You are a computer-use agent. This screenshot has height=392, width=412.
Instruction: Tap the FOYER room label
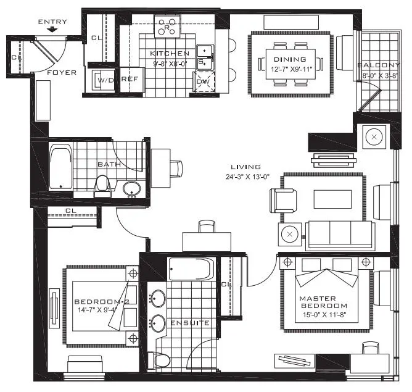(62, 73)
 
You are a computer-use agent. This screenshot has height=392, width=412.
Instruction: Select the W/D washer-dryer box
(102, 80)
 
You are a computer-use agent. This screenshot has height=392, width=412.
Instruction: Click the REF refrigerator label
(130, 80)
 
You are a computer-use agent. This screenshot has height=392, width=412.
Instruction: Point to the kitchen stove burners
(167, 26)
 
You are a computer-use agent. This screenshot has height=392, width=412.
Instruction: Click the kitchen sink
(204, 56)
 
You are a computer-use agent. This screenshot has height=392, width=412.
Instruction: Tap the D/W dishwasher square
(204, 81)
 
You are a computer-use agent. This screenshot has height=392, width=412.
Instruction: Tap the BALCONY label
(378, 65)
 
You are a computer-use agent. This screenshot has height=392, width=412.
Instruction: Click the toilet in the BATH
(103, 184)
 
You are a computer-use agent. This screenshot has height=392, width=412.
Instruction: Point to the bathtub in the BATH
(60, 165)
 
